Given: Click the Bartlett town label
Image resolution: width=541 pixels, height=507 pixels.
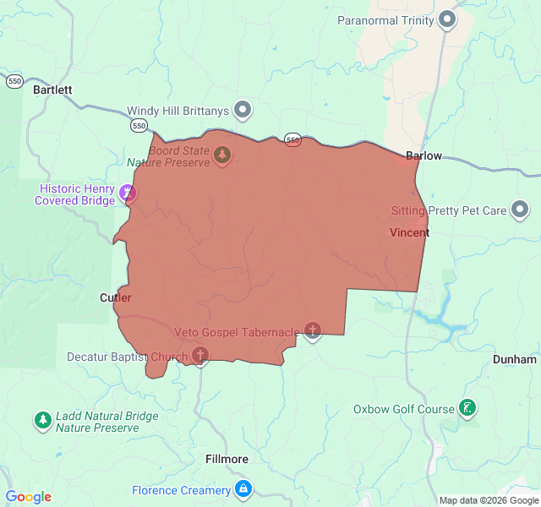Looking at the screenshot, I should (x=52, y=89).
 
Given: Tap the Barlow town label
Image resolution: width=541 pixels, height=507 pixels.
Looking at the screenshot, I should (x=424, y=155).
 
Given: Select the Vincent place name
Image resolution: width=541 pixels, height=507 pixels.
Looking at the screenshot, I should (x=409, y=232).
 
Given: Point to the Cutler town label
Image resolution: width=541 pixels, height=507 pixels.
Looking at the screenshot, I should (x=116, y=297).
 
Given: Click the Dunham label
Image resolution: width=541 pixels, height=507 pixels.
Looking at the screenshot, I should (x=515, y=359).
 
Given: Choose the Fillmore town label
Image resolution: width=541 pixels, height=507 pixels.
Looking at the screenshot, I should (x=227, y=459).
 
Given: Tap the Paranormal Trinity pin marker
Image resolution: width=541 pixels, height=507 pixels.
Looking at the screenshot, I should (x=447, y=19).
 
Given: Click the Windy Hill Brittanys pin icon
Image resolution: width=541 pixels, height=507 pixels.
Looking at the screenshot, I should (x=243, y=109).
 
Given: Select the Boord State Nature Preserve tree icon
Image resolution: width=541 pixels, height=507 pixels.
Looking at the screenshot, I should (x=222, y=155).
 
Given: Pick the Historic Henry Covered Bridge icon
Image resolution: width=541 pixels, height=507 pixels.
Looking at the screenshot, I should (x=128, y=194).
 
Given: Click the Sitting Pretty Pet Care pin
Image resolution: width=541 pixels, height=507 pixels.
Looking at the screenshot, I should (x=520, y=209).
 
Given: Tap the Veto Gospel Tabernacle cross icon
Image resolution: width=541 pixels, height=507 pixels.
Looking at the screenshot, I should (x=313, y=330).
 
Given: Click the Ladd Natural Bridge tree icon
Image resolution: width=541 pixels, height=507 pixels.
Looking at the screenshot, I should (x=42, y=419).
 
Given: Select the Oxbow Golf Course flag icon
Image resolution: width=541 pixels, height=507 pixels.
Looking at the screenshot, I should (x=467, y=409).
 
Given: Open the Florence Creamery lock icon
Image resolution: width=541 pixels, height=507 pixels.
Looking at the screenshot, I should (x=243, y=488).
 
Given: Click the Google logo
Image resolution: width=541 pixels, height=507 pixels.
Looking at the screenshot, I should (x=28, y=497).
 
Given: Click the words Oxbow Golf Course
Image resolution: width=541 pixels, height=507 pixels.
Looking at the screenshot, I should (x=404, y=410).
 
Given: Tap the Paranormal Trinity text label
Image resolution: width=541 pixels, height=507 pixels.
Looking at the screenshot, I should (x=385, y=20).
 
